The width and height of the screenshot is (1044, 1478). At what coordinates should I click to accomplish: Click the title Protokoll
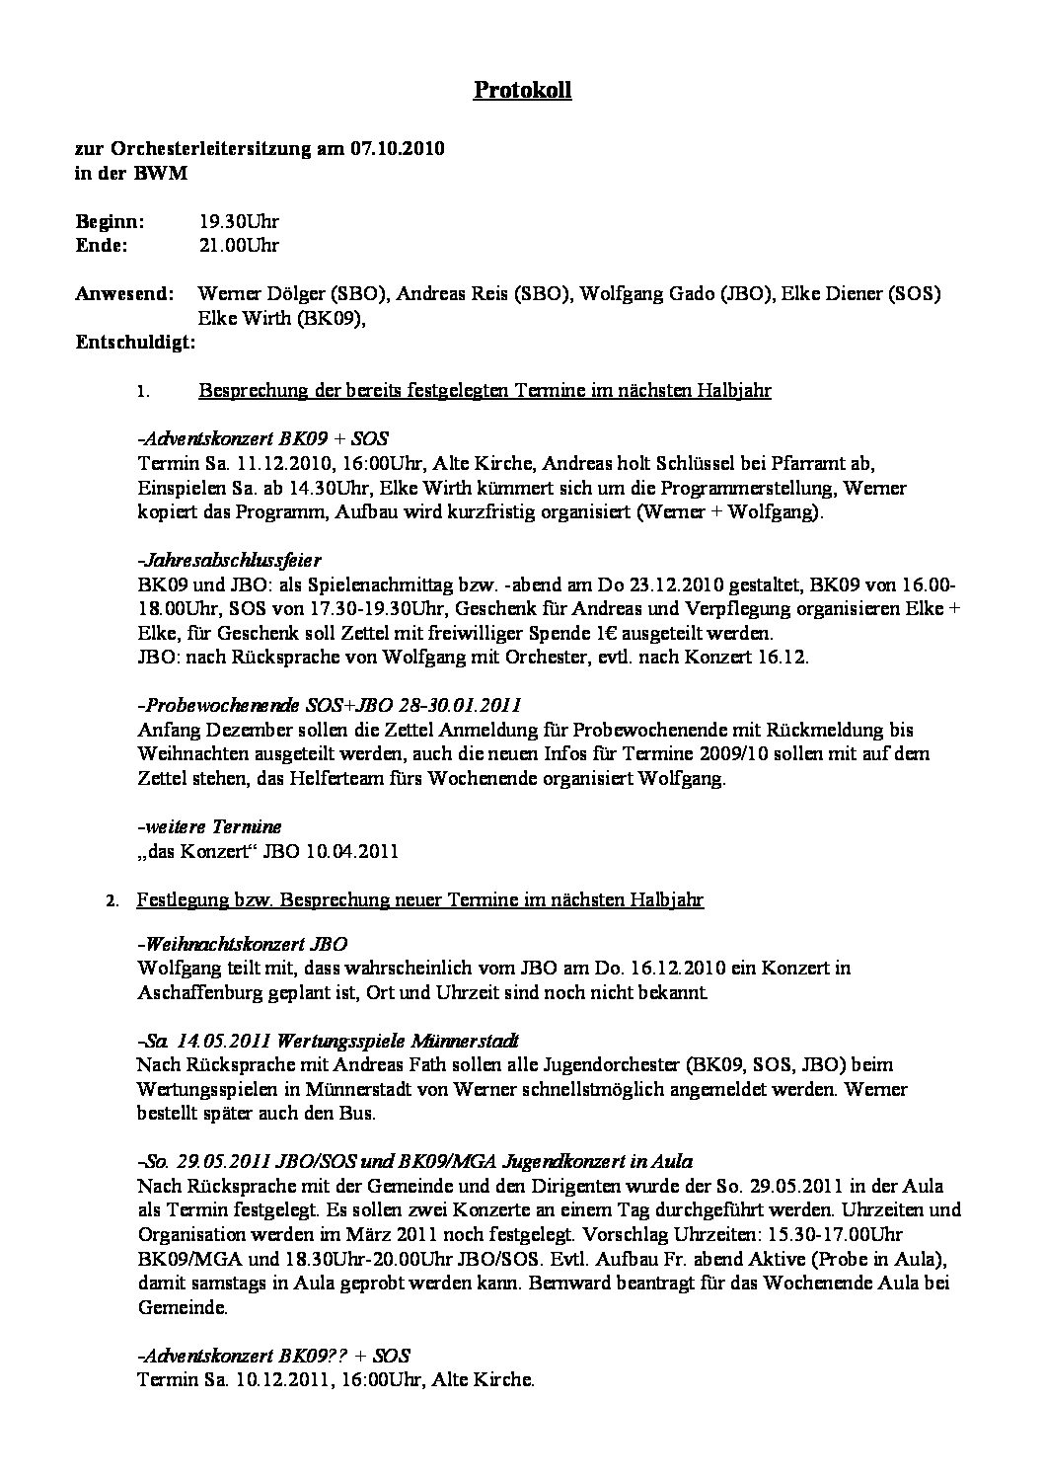click(522, 91)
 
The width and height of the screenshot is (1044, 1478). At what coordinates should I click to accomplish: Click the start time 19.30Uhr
click(239, 222)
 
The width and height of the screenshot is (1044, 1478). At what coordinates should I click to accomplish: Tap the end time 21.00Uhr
click(239, 245)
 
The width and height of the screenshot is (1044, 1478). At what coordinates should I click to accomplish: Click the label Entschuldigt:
click(135, 343)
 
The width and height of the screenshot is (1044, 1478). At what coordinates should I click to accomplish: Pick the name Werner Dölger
click(261, 294)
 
